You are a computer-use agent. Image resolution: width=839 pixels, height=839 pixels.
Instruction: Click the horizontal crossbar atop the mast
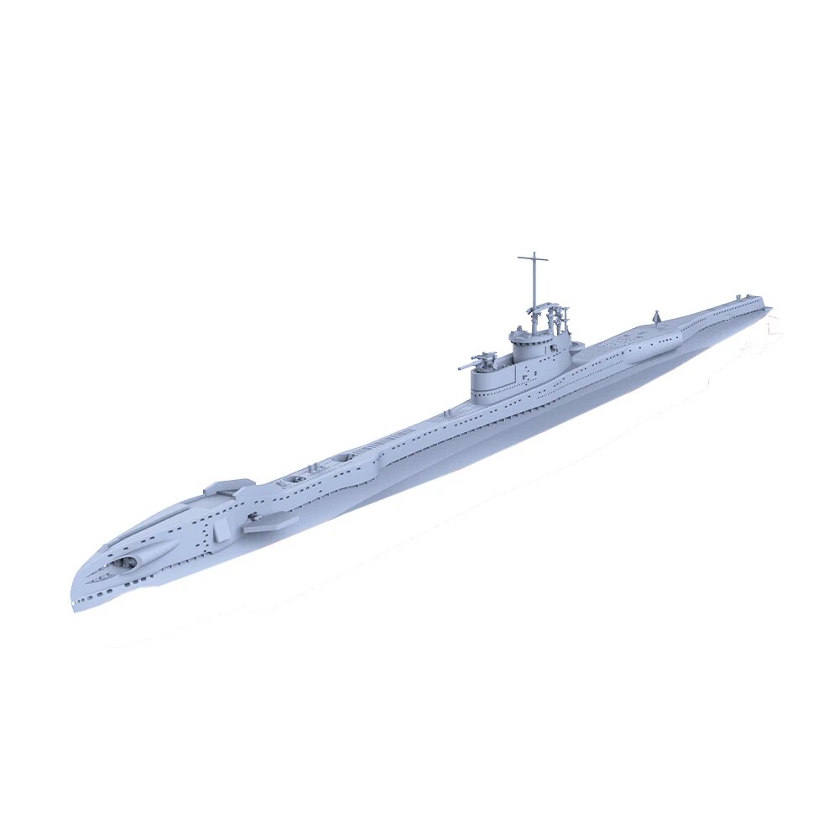[x=533, y=258]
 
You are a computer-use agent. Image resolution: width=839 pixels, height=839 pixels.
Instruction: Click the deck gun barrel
[x=465, y=366]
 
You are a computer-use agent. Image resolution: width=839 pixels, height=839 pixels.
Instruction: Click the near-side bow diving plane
[x=269, y=523]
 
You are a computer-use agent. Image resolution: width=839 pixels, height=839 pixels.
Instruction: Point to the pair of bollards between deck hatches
[x=320, y=466]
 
